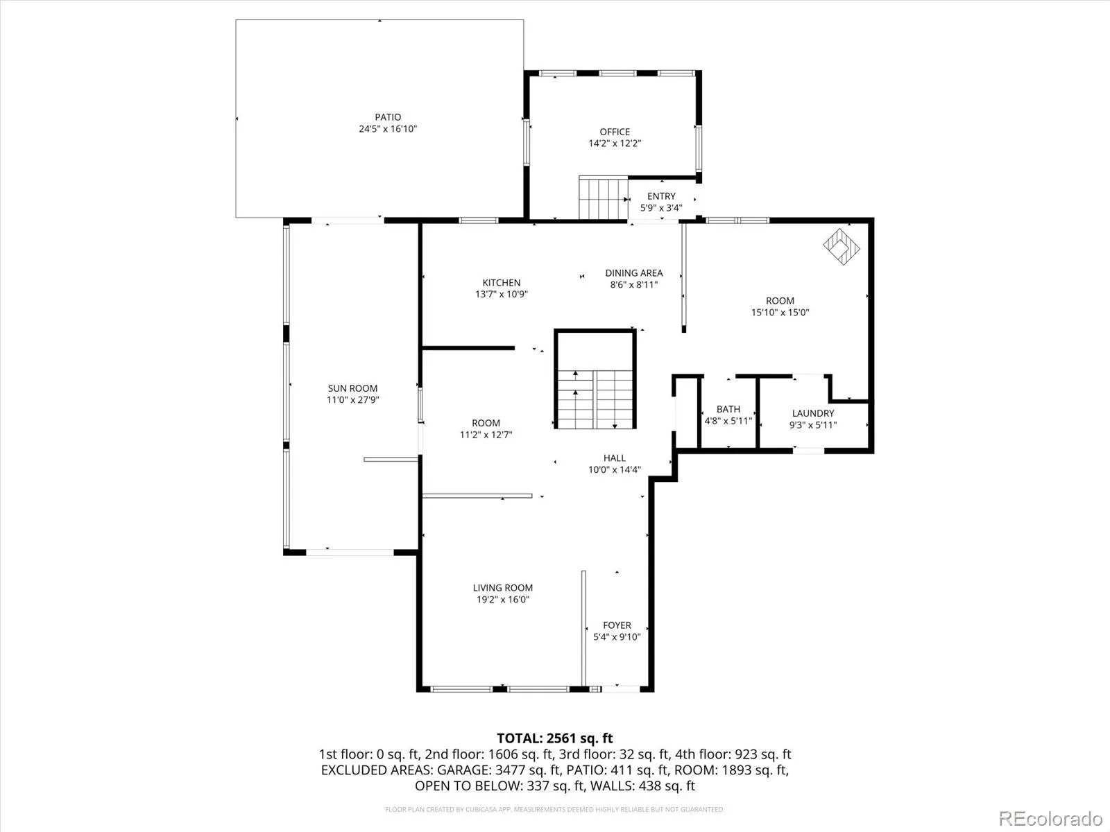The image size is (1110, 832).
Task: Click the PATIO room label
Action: point(388,117)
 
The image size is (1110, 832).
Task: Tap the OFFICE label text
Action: point(615,132)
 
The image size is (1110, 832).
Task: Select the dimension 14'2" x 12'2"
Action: point(615,144)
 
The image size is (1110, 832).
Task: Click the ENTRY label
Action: point(661,196)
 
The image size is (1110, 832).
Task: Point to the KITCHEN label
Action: point(501,283)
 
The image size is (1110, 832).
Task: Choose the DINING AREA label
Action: point(633,273)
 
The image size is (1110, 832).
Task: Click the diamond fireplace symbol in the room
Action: point(841,247)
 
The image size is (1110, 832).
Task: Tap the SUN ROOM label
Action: point(352,388)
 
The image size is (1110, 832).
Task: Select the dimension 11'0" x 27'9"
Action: point(352,400)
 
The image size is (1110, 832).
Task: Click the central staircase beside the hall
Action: point(595,399)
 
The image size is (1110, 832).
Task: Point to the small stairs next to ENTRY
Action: point(604,198)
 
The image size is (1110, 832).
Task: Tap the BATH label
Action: point(728,409)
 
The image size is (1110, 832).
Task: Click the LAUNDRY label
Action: point(812,413)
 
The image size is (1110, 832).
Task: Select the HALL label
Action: point(615,458)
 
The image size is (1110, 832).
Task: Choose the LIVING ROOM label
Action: point(503,588)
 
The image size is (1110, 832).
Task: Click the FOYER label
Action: point(617,625)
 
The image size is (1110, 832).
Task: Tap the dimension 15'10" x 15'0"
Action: point(780,313)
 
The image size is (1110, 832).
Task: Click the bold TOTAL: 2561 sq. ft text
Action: point(555,738)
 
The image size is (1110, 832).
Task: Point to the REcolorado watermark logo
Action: point(1050,818)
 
